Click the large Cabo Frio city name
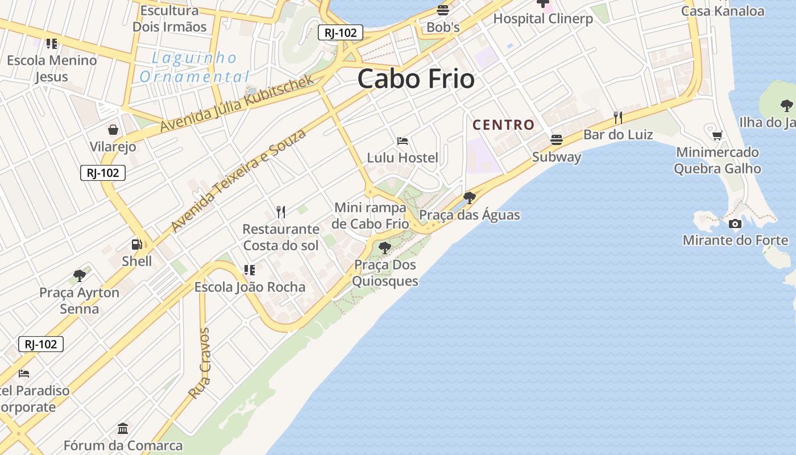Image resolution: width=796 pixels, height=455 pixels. pos(416,78)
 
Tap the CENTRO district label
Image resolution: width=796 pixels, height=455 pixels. pos(503,125)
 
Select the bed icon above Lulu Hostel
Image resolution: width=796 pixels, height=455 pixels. pos(403,140)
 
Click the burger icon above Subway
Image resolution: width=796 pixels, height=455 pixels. pos(556,139)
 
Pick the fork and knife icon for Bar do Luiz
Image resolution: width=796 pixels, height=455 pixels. pos(618,118)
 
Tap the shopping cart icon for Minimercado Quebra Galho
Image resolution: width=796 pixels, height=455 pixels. pos(717,135)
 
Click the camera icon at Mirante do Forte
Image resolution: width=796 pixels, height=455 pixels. pos(735,224)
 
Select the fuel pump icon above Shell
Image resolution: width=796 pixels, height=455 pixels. pos(137,245)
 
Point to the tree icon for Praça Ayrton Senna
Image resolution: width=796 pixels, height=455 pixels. pos(80,276)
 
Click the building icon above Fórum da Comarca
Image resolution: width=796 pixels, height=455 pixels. pos(123,428)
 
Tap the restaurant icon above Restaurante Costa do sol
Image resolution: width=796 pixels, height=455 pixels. pos(280,212)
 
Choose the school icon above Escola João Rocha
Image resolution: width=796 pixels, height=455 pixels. pos(249,270)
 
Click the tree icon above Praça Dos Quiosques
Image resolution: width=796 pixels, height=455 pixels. pos(385,247)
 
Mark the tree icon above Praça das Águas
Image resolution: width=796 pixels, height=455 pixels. pos(469,197)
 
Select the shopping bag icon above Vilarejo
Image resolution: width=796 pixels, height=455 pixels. pos(113,130)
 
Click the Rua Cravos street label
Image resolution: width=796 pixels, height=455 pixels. pos(200,363)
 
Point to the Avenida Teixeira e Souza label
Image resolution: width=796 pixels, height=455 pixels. pos(238,180)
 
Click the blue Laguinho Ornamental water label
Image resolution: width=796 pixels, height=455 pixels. pos(194,67)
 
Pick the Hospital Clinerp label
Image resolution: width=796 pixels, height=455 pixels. pos(542,18)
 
